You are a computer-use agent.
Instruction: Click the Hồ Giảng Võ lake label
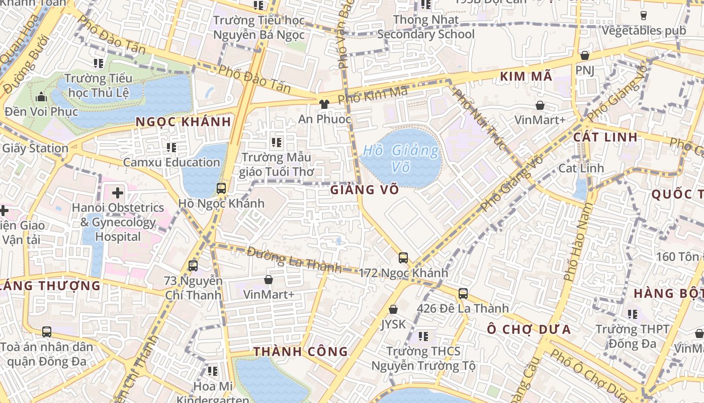pyautogui.click(x=401, y=158)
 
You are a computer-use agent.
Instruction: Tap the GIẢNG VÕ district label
pyautogui.click(x=365, y=190)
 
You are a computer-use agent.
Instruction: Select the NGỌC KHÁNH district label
pyautogui.click(x=184, y=121)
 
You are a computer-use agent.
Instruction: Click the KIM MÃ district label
pyautogui.click(x=526, y=77)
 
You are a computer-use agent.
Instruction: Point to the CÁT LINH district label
pyautogui.click(x=605, y=137)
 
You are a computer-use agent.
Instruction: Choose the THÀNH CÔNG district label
pyautogui.click(x=301, y=352)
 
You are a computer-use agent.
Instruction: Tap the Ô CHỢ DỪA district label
pyautogui.click(x=529, y=329)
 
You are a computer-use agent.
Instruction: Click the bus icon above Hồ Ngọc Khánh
pyautogui.click(x=221, y=188)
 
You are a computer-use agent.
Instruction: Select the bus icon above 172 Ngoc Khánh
pyautogui.click(x=403, y=258)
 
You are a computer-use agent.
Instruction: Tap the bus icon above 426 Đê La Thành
pyautogui.click(x=463, y=293)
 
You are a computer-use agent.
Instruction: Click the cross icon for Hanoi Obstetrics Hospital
pyautogui.click(x=118, y=192)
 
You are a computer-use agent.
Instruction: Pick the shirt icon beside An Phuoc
pyautogui.click(x=324, y=104)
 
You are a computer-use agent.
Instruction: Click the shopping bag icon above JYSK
pyautogui.click(x=393, y=309)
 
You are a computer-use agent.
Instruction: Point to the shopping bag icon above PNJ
pyautogui.click(x=584, y=55)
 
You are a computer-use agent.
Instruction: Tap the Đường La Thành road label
pyautogui.click(x=294, y=260)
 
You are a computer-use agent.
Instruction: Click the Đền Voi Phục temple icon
pyautogui.click(x=41, y=97)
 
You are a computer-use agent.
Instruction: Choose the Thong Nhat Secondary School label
pyautogui.click(x=426, y=27)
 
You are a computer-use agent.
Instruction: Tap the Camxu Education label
pyautogui.click(x=171, y=162)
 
